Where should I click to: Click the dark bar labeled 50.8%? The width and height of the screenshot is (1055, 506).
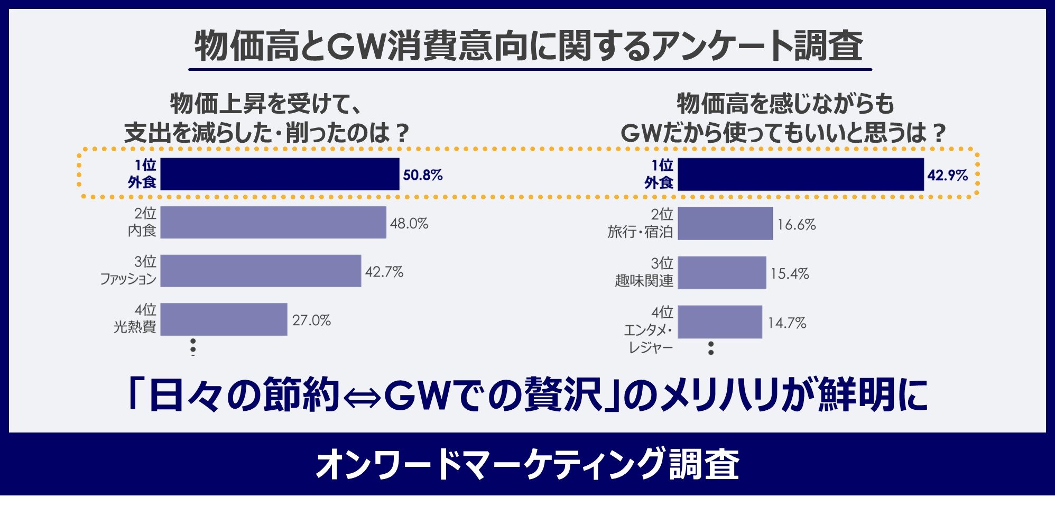(x=280, y=174)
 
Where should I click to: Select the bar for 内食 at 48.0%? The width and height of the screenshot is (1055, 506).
(x=273, y=223)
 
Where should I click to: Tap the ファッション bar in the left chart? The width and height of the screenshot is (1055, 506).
(x=261, y=271)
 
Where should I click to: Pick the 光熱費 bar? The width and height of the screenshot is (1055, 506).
(x=224, y=319)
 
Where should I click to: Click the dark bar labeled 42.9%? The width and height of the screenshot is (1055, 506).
(x=800, y=174)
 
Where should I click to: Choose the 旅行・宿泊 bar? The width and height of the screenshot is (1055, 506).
(x=725, y=224)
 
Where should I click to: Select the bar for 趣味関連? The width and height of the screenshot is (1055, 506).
(x=721, y=273)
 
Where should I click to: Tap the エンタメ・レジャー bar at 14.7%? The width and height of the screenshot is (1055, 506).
(x=720, y=321)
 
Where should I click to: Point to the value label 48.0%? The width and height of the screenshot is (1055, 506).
(x=409, y=224)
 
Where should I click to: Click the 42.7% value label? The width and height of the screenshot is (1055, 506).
(x=384, y=272)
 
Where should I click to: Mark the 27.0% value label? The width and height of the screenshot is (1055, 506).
(x=311, y=320)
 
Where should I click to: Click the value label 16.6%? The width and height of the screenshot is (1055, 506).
(x=796, y=225)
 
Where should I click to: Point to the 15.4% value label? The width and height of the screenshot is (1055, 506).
(x=789, y=274)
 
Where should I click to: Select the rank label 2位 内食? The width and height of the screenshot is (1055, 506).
(x=143, y=222)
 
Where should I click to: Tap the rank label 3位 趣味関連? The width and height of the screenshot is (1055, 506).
(x=645, y=272)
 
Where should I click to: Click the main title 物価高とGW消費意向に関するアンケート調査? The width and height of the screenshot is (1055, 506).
(x=529, y=46)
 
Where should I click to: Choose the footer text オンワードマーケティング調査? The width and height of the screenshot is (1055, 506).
(x=527, y=464)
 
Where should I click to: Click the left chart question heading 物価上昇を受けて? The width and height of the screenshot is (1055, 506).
(x=266, y=103)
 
